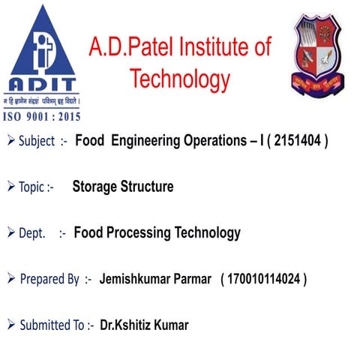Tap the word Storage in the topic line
pyautogui.click(x=97, y=187)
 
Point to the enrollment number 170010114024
pyautogui.click(x=264, y=280)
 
